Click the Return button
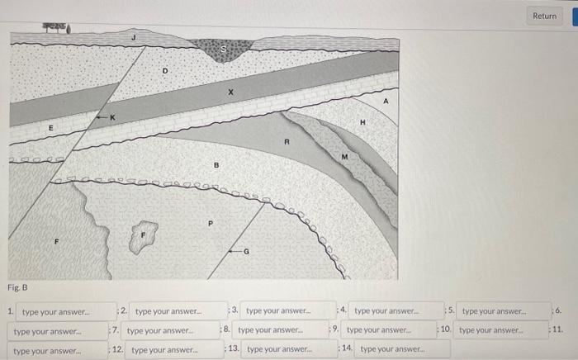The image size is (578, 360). coord(544,15)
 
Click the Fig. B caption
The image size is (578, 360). coord(18,287)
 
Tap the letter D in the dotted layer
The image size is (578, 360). coord(165,72)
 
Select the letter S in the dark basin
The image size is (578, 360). coord(221,50)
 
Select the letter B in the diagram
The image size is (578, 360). coord(216,165)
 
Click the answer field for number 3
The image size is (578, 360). coord(279,311)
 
